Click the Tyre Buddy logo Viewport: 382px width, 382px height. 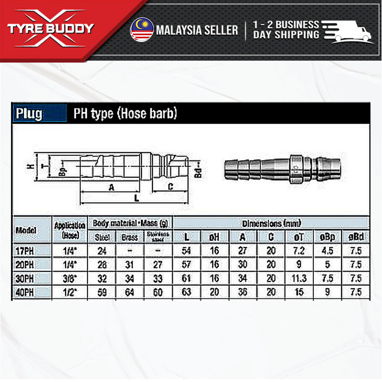(x=51, y=29)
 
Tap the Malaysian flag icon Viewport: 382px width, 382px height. (x=141, y=30)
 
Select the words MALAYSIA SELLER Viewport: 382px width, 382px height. (x=197, y=30)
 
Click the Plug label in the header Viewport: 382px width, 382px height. (x=29, y=114)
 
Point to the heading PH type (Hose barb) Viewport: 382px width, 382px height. (x=125, y=114)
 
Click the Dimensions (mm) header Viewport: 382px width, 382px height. (x=271, y=223)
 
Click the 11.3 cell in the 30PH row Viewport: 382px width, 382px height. (x=298, y=278)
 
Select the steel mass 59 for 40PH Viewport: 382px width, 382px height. (x=102, y=292)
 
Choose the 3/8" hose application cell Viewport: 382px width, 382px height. (x=70, y=278)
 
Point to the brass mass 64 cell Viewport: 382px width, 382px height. (x=129, y=292)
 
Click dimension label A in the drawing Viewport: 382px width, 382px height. (x=111, y=187)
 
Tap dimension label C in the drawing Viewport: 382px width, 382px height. (x=170, y=187)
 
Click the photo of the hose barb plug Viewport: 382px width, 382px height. (x=282, y=168)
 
